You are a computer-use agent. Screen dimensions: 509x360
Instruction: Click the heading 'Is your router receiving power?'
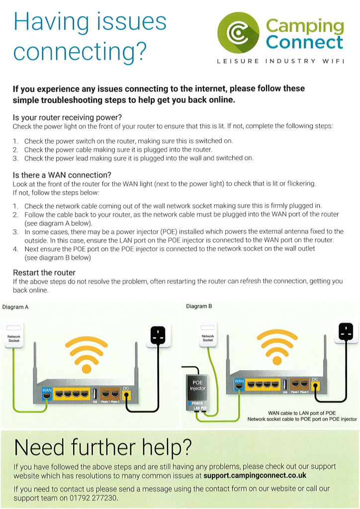(67, 117)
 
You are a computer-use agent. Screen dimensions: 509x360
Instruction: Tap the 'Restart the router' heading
(44, 272)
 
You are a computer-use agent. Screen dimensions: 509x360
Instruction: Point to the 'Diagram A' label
(15, 307)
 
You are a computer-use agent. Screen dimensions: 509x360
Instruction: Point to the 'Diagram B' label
(199, 306)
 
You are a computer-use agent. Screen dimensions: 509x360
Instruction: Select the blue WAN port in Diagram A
(47, 393)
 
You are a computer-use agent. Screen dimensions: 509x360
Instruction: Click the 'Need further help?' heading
(102, 447)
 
